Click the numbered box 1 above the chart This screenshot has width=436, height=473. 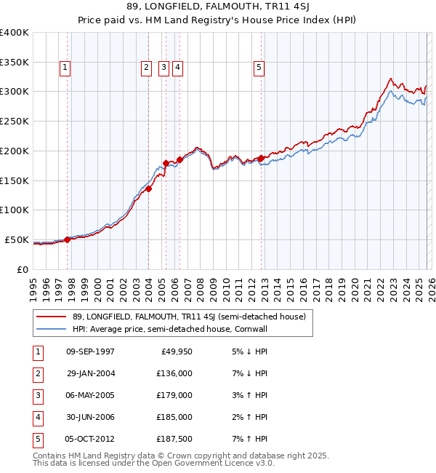tap(65, 68)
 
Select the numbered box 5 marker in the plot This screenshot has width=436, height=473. tap(259, 68)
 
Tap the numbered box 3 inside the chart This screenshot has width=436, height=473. tap(163, 68)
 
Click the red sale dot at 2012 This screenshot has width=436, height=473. tap(261, 157)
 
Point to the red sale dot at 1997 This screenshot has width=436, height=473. tap(67, 239)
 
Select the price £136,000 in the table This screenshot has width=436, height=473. tap(174, 373)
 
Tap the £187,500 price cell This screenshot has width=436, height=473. tap(174, 439)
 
